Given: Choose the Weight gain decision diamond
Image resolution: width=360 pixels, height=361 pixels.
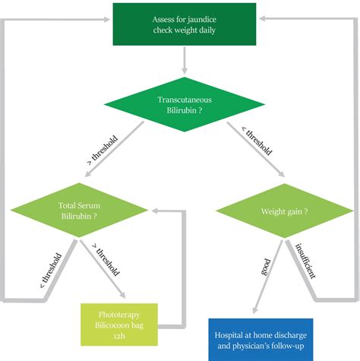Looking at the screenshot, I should [285, 211].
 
